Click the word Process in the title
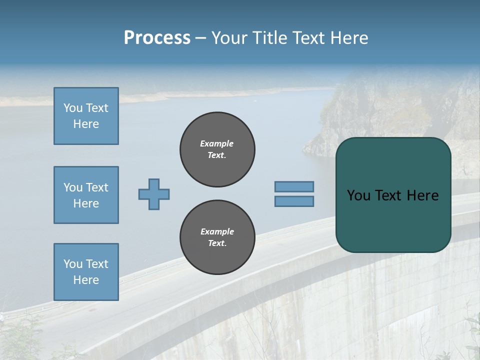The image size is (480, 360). pos(157,38)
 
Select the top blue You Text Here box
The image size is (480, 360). pos(86,116)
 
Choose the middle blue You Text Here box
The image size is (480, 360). pos(86,195)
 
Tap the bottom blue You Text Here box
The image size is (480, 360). pos(86,272)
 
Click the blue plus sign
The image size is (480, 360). pos(154,194)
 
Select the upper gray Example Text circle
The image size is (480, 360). pos(217,149)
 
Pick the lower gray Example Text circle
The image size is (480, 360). pos(217,237)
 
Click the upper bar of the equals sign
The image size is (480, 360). pos(294,186)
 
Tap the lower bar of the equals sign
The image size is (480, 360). pos(294,201)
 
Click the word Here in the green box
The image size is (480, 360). pos(422,195)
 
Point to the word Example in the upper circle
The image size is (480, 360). pos(217,143)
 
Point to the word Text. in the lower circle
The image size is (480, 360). pos(217,243)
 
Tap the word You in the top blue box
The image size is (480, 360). pos(73,108)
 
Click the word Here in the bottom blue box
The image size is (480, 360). pos(86,280)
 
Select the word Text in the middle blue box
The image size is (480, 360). pos(97,187)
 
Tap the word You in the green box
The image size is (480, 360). pos(358,195)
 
